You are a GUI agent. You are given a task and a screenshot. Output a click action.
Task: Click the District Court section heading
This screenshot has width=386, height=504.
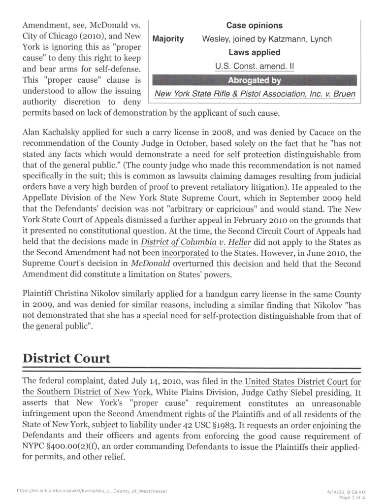coord(66,358)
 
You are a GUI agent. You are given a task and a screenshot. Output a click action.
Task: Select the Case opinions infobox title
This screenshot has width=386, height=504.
coord(254,25)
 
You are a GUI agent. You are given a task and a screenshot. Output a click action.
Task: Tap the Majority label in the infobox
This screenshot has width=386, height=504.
coord(168,39)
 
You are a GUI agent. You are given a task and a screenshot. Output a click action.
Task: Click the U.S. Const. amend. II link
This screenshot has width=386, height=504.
coord(254,66)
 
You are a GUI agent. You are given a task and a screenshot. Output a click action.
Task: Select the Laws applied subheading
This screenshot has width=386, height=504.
coord(254,52)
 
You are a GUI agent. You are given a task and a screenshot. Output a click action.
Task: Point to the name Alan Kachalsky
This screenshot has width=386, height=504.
coord(53,133)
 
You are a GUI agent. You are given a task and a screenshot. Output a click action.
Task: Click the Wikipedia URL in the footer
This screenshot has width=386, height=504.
coord(92,491)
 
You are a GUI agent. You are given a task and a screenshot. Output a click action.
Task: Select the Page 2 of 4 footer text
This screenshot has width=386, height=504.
coord(353,497)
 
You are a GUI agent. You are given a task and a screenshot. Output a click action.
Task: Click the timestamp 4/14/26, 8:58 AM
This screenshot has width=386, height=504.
coord(346,492)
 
